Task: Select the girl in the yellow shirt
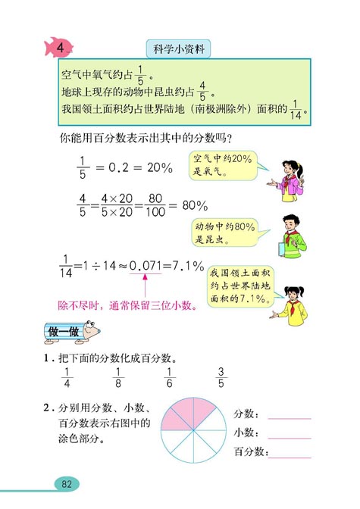point(291,301)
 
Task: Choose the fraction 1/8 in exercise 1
point(117,376)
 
